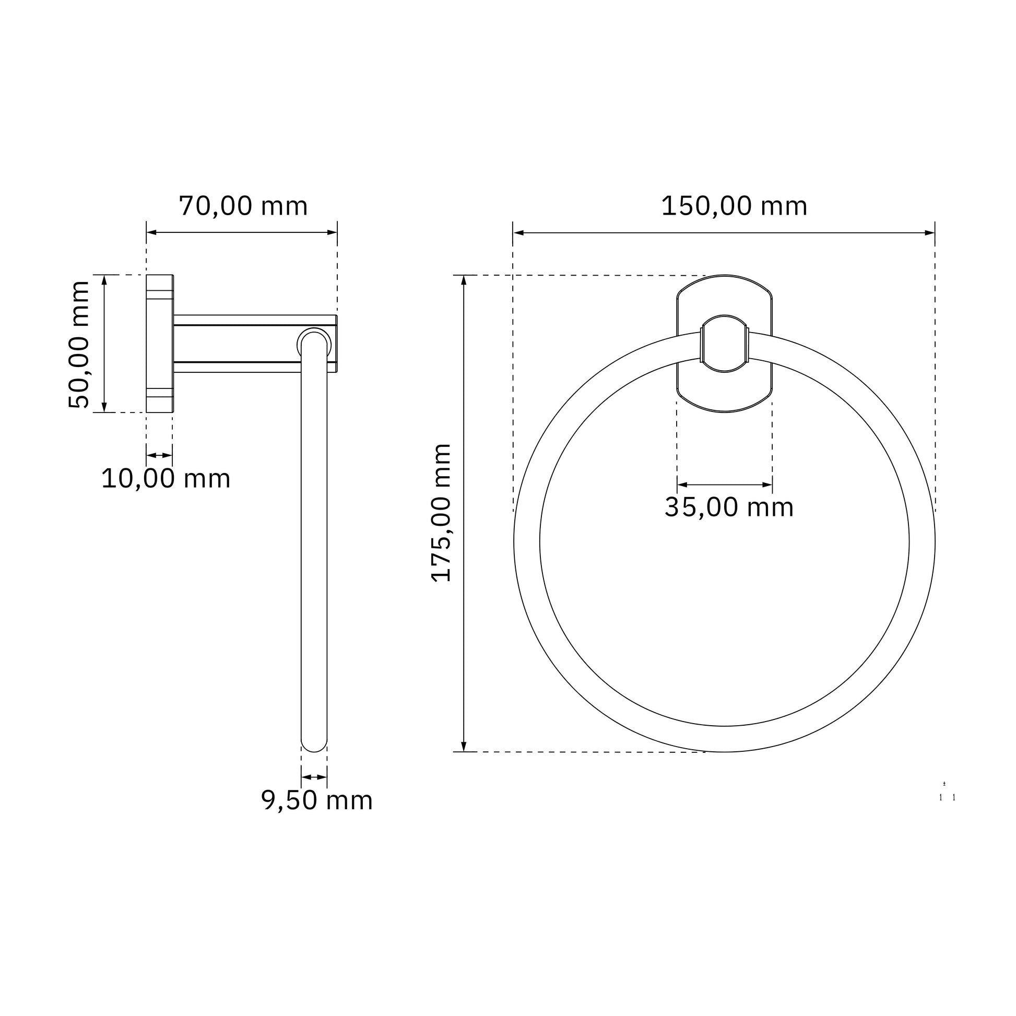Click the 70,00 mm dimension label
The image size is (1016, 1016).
click(243, 206)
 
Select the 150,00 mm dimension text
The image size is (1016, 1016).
click(734, 206)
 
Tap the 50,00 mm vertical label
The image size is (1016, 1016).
click(79, 345)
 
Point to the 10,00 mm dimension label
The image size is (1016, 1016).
click(166, 479)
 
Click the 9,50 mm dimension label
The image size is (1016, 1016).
click(316, 800)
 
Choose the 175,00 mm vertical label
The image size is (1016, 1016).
click(441, 513)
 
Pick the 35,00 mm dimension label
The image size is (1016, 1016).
click(729, 507)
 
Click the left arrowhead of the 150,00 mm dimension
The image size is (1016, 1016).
click(518, 232)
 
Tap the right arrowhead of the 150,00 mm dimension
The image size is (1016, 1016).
click(930, 232)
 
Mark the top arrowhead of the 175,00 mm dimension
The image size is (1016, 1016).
click(464, 280)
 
